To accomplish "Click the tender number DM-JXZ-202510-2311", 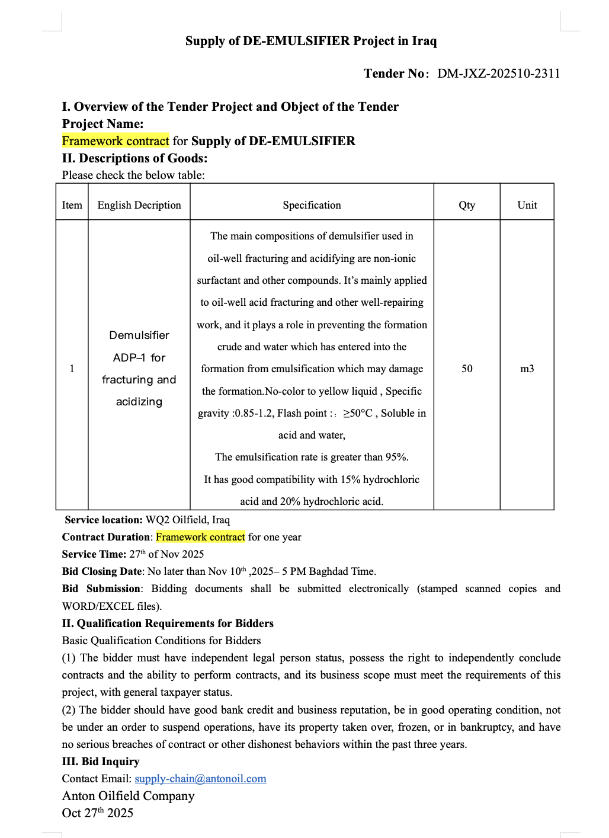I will tap(498, 73).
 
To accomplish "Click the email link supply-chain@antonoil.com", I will tap(200, 779).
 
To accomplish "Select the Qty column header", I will tap(467, 205).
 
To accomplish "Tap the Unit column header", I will tap(527, 205).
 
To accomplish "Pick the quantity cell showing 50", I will tap(467, 369).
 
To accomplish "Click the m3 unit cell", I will tap(527, 369).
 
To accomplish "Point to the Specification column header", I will tap(312, 205).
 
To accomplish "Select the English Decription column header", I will tap(139, 205).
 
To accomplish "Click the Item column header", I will tap(72, 205).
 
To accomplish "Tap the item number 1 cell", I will tap(72, 369).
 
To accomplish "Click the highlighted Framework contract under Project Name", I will tap(116, 141).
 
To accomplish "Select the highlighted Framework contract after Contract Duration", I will tap(200, 537).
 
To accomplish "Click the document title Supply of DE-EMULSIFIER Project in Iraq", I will tap(311, 41).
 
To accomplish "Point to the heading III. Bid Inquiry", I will tap(101, 762).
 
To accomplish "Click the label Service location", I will tap(104, 520).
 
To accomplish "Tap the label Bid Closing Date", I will tap(102, 571).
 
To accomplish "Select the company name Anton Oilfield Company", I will tap(128, 796).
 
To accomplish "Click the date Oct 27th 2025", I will tap(98, 813).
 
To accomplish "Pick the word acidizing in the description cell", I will tap(139, 402).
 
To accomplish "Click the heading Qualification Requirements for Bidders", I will tap(175, 623).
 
